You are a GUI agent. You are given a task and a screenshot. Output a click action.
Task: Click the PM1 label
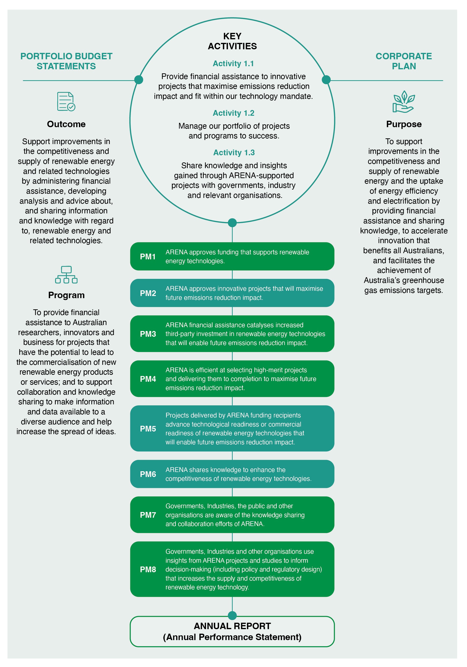coord(148,256)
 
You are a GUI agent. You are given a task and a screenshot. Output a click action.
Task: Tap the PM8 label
coord(148,569)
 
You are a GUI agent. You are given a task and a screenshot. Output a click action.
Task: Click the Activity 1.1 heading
coord(233,64)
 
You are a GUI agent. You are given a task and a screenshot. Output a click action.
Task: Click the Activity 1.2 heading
coord(234,113)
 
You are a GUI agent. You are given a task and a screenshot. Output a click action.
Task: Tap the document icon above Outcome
coord(66,101)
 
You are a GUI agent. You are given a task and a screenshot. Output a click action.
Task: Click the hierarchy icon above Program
coord(66,275)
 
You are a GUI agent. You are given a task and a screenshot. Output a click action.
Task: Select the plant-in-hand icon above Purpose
coord(404,101)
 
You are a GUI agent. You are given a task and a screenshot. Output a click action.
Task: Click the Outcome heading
coord(66,124)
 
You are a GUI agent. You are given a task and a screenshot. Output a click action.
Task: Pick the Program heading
coord(66,295)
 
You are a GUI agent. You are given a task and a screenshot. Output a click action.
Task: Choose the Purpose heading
coord(404,124)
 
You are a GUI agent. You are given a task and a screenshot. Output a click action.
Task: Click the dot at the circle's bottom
coord(232,223)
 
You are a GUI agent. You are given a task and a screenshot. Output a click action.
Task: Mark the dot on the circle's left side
coord(139,80)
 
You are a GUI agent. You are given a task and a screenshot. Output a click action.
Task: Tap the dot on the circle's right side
coord(326,80)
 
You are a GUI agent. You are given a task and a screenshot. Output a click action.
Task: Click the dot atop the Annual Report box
coord(232,615)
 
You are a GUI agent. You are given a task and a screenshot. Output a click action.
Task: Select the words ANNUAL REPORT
coord(232,626)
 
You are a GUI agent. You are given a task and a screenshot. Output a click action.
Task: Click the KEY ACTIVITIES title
coord(232,41)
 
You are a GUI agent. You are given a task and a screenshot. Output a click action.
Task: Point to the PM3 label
coord(148,334)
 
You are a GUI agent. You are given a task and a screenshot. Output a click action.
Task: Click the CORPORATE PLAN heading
coord(404,61)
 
